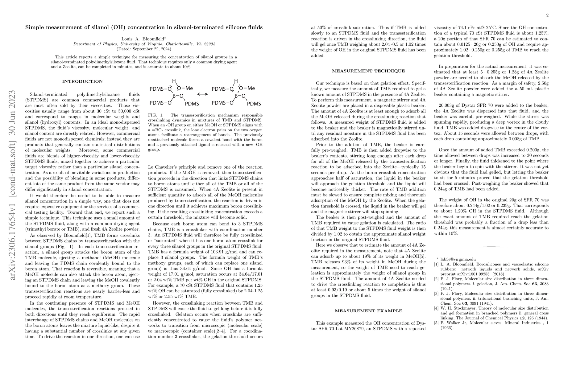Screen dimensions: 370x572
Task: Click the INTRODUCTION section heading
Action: click(x=82, y=81)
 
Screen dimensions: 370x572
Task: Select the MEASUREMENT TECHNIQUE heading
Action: click(x=368, y=71)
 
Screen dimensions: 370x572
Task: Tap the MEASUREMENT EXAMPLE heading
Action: click(x=369, y=311)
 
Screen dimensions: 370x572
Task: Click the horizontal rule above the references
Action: click(x=491, y=247)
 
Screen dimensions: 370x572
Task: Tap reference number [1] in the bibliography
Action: click(x=436, y=264)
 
